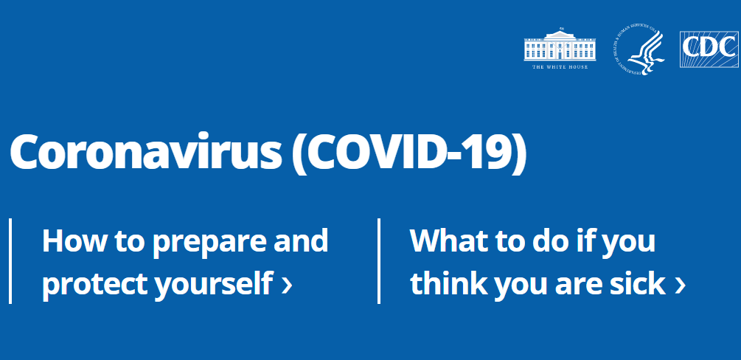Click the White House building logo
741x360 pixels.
558,46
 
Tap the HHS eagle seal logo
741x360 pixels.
638,50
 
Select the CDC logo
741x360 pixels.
709,49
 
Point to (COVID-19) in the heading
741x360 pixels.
409,153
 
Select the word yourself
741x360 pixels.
213,284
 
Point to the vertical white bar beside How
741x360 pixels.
10,260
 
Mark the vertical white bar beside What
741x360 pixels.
379,260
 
